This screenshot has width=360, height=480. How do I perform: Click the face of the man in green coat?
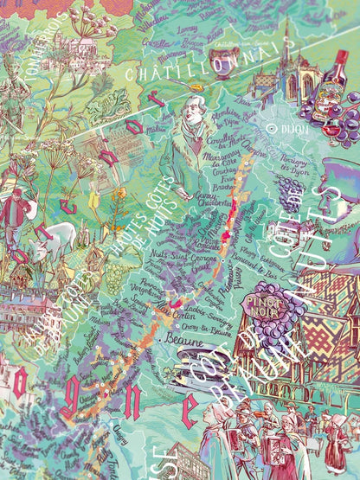[x=192, y=110]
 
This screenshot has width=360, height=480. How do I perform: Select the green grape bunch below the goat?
[x=114, y=277]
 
